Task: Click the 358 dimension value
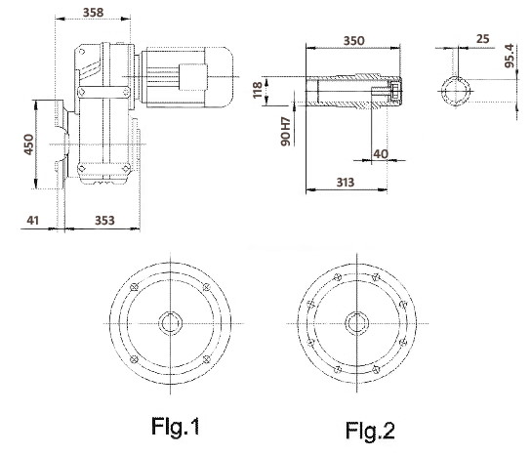point(93,13)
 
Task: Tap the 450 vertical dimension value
point(29,145)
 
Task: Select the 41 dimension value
point(32,221)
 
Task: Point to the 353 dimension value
point(104,221)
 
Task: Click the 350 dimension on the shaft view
point(354,41)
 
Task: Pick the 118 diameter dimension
point(258,90)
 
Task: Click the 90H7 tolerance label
point(286,132)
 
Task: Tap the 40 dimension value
point(381,154)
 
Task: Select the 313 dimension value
point(345,183)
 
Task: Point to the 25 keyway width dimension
point(483,39)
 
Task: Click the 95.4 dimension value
point(510,56)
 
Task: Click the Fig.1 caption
point(175,427)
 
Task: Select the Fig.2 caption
point(370,431)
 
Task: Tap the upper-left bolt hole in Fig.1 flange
point(134,287)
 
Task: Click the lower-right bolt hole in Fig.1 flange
point(206,359)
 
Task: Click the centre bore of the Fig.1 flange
point(170,323)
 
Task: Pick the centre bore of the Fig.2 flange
point(357,323)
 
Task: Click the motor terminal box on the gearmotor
point(193,77)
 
